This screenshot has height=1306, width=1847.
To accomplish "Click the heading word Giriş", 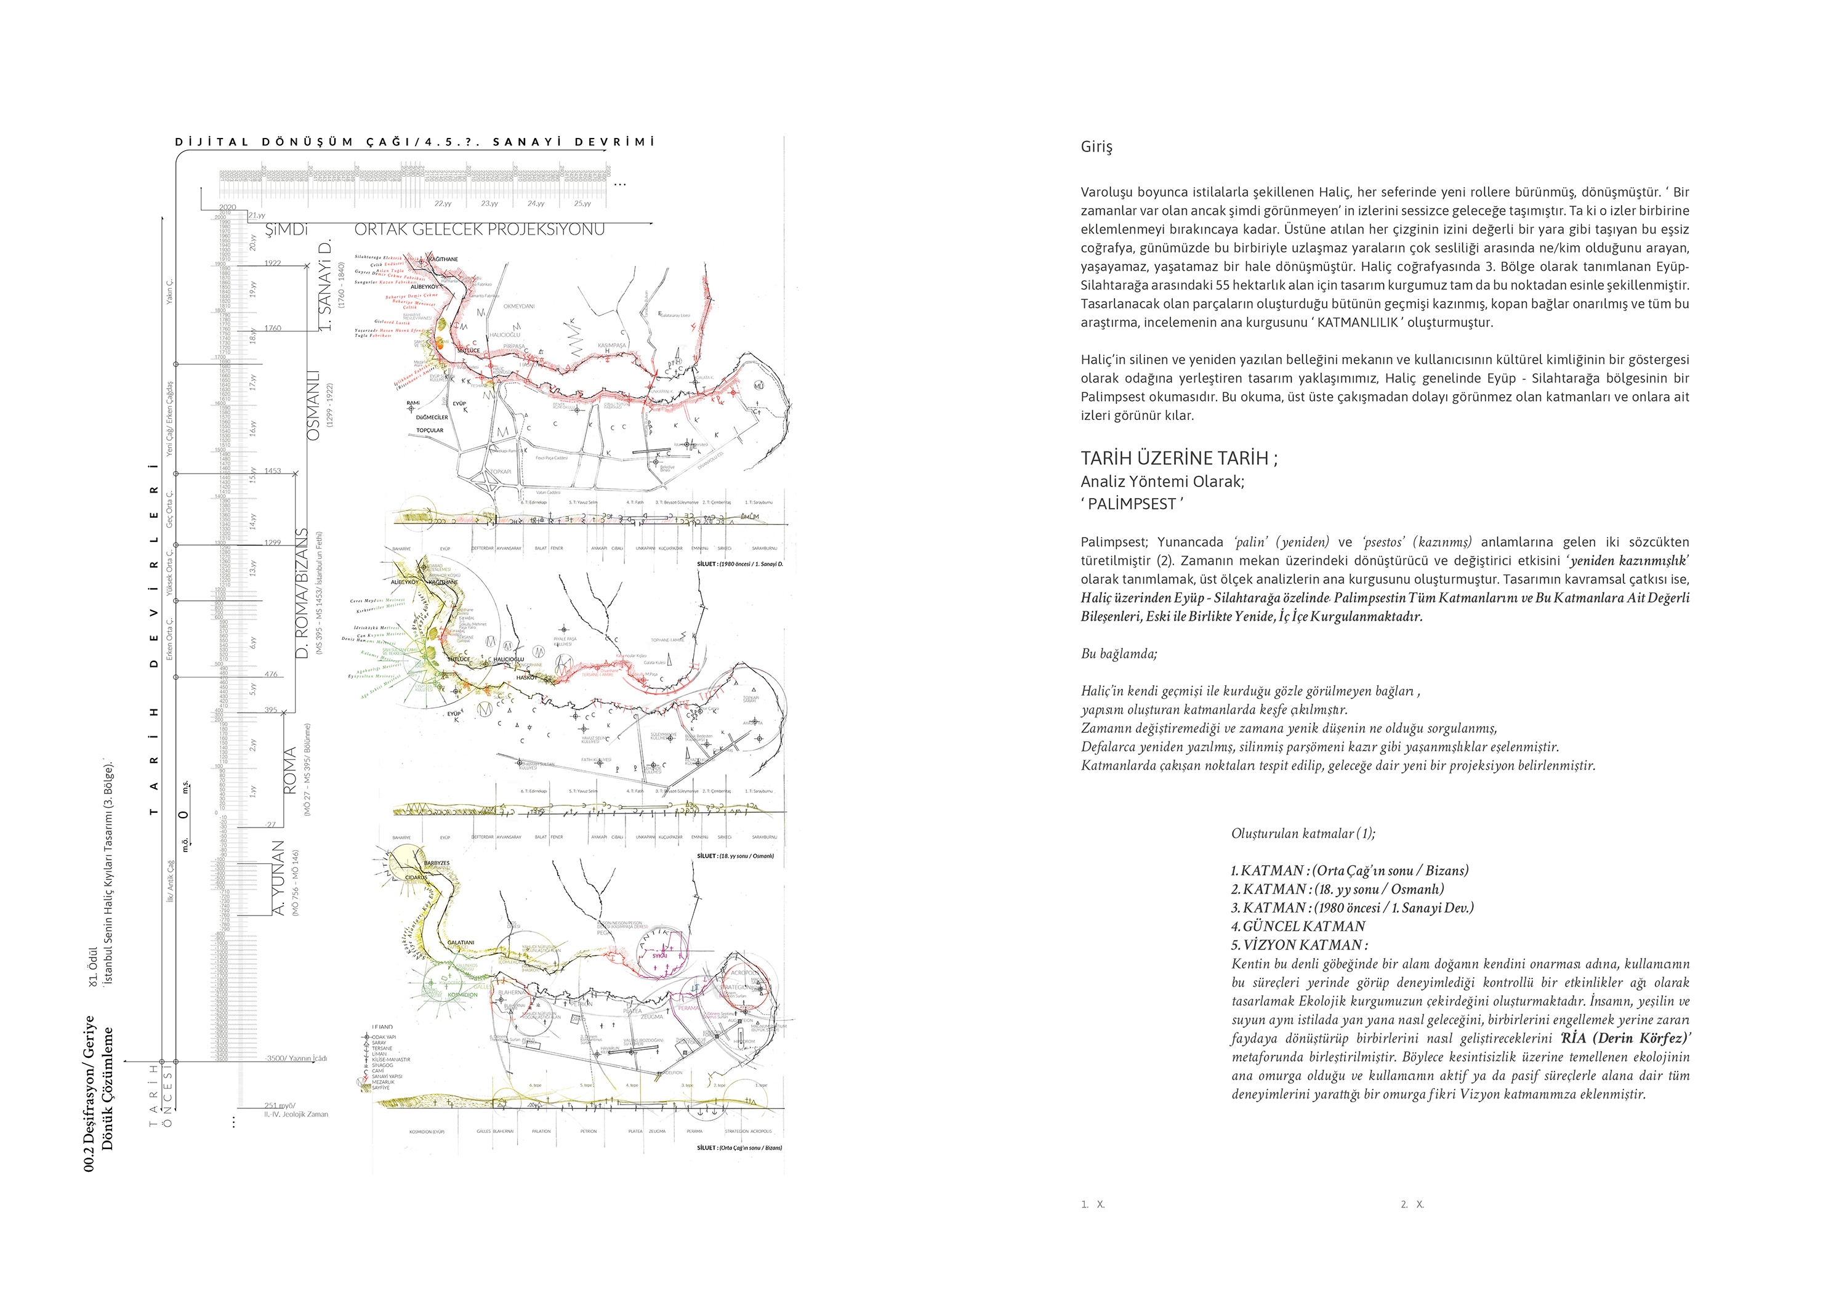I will pos(1096,147).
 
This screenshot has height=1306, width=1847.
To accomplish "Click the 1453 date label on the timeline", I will pos(273,471).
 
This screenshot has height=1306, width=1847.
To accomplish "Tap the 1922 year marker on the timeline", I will pos(273,263).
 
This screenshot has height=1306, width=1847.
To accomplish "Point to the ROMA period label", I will pos(289,770).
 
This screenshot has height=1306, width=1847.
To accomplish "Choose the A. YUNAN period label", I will pos(278,877).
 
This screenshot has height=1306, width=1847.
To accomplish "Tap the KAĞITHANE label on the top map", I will pos(443,259).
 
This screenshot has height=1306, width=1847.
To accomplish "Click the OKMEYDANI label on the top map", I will pos(519,306).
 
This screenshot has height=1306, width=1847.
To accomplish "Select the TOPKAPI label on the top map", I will pos(501,472).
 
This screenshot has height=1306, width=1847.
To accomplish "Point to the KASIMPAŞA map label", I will pos(611,345).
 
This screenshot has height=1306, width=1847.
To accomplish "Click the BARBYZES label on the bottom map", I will pos(437,863).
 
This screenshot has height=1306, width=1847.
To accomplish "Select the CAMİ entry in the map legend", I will pos(377,1071).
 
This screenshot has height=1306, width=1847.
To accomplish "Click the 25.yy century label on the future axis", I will pos(582,204).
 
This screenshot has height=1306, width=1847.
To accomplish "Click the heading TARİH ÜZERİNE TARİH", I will pos(1178,459).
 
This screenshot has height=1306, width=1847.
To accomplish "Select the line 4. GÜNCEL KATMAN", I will pos(1298,926).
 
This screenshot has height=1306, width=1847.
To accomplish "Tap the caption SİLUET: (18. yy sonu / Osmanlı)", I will pos(735,856).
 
